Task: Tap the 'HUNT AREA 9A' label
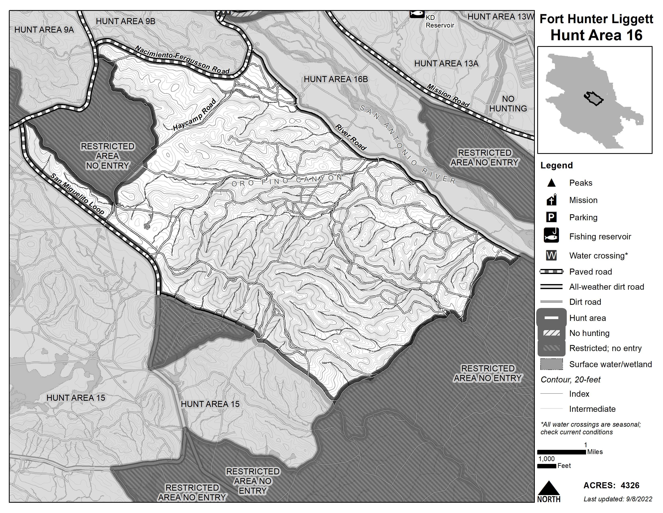point(44,30)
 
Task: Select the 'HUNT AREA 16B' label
point(336,79)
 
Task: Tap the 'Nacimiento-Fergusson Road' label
point(182,60)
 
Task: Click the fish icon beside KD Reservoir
point(417,13)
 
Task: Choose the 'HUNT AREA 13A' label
point(446,64)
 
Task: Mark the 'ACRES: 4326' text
point(611,485)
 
